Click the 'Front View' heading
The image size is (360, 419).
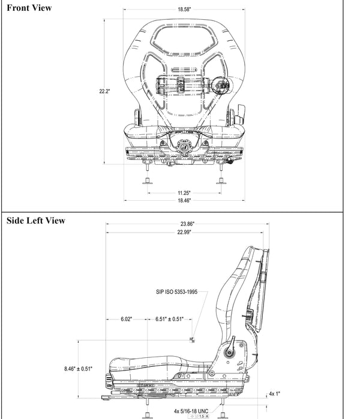pos(29,8)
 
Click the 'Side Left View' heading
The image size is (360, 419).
pos(35,221)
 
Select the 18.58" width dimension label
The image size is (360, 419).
pos(185,10)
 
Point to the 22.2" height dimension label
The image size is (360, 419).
pos(104,91)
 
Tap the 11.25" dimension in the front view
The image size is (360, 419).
pos(184,193)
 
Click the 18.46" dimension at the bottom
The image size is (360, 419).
pos(184,200)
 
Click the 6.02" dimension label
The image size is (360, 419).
pos(126,319)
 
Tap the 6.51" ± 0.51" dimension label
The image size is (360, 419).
pos(169,319)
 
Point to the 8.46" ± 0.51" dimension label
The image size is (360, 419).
pos(78,369)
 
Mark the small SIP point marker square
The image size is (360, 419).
pos(191,340)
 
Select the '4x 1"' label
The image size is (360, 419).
pos(275,394)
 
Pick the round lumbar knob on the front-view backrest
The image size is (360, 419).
pos(223,86)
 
